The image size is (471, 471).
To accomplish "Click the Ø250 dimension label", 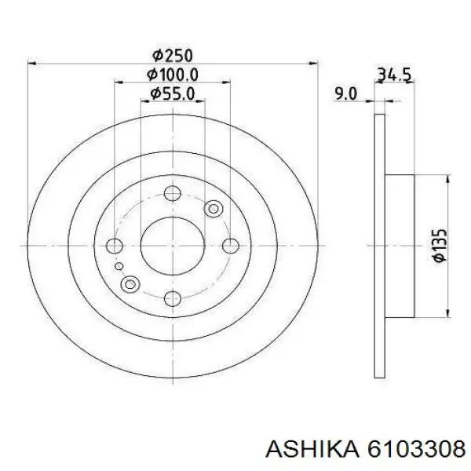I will [x=172, y=56].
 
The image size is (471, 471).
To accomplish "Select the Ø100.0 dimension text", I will [x=173, y=75].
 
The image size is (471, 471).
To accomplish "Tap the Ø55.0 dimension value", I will [x=173, y=94].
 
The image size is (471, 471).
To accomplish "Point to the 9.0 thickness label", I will [x=345, y=94].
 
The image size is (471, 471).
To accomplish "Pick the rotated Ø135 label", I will [x=438, y=246].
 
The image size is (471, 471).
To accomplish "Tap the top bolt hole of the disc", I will [x=172, y=192].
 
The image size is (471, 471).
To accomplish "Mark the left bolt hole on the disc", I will [x=115, y=246].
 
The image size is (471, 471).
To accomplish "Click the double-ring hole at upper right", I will [x=213, y=209].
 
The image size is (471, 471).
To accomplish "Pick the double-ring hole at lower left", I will [x=131, y=283].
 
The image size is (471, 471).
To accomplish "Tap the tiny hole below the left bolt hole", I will [x=118, y=267].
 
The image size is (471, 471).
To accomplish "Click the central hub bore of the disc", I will [x=172, y=246].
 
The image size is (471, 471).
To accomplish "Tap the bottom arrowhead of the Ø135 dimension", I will [x=447, y=312].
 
